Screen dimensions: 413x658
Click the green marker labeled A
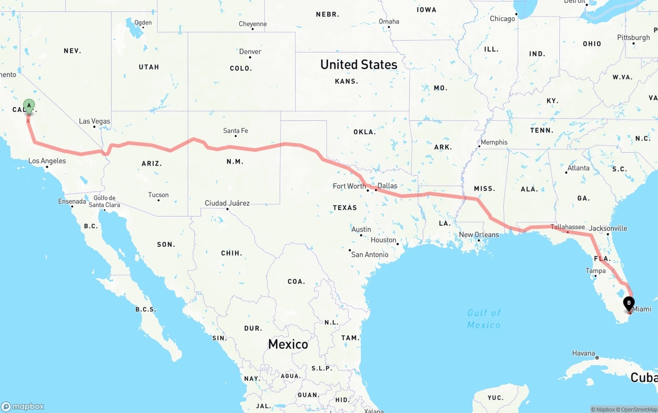29,106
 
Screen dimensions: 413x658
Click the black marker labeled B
629,303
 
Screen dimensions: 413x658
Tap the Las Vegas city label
95,121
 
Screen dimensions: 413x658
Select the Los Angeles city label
47,161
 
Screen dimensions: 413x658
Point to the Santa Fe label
235,131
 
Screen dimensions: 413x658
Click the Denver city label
250,51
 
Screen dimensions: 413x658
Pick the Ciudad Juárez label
227,203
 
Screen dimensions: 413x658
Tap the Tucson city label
158,195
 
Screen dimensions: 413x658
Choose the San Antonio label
370,255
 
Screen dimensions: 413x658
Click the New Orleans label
479,235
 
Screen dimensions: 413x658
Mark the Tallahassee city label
568,227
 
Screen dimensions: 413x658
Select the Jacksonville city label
608,228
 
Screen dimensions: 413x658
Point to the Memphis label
493,142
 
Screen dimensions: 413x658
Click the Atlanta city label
578,168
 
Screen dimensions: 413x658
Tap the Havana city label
583,353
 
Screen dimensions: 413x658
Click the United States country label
359,64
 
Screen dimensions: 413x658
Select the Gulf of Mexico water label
484,319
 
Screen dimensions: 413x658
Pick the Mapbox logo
23,406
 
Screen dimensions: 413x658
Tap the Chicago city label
502,19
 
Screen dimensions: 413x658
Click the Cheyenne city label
252,24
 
